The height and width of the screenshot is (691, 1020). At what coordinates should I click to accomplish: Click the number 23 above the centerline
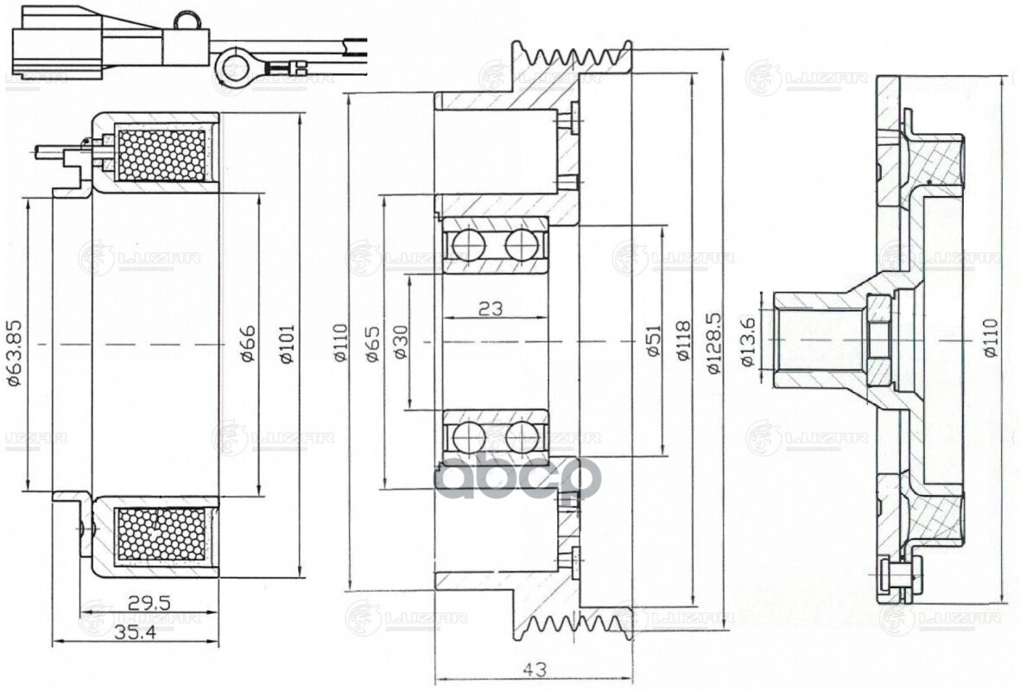491,308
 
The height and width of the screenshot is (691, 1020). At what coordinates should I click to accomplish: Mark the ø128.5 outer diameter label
713,344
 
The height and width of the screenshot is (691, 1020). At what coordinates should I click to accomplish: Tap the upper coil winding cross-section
164,155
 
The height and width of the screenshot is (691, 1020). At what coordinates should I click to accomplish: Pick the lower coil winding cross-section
164,535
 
